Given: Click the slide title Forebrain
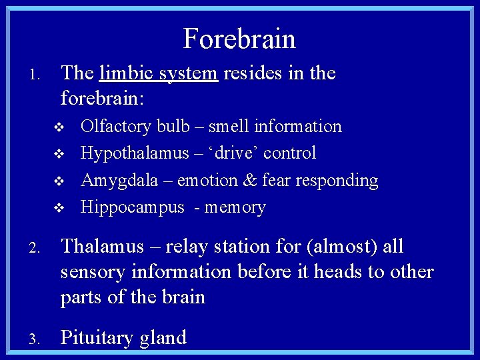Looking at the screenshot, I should (x=239, y=39).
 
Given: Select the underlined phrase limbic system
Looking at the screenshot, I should (x=158, y=73).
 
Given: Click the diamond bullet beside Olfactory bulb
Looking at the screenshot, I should (x=59, y=127).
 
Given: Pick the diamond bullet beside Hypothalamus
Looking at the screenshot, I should (x=59, y=154).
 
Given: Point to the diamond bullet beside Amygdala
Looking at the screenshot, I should (x=59, y=181).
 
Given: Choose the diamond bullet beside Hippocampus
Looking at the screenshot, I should (x=59, y=208).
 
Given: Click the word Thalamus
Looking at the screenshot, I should (x=102, y=247).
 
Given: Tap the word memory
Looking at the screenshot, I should (x=235, y=207).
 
